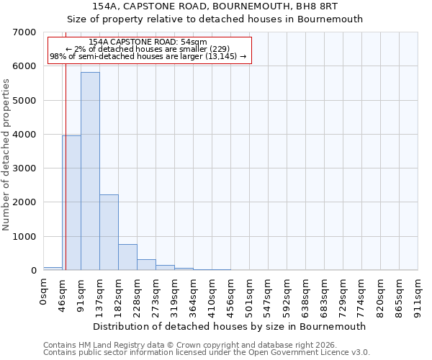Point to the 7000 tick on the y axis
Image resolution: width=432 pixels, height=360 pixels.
tap(25, 32)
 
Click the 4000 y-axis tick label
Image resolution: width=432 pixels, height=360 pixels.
tap(25, 135)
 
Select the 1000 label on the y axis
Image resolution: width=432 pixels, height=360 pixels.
tap(25, 237)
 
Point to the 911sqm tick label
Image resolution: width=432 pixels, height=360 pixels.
tap(418, 295)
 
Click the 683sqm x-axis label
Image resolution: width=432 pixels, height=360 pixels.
tap(324, 295)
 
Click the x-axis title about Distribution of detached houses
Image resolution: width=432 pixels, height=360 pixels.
tap(230, 326)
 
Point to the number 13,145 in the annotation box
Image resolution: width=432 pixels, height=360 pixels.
tap(227, 56)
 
